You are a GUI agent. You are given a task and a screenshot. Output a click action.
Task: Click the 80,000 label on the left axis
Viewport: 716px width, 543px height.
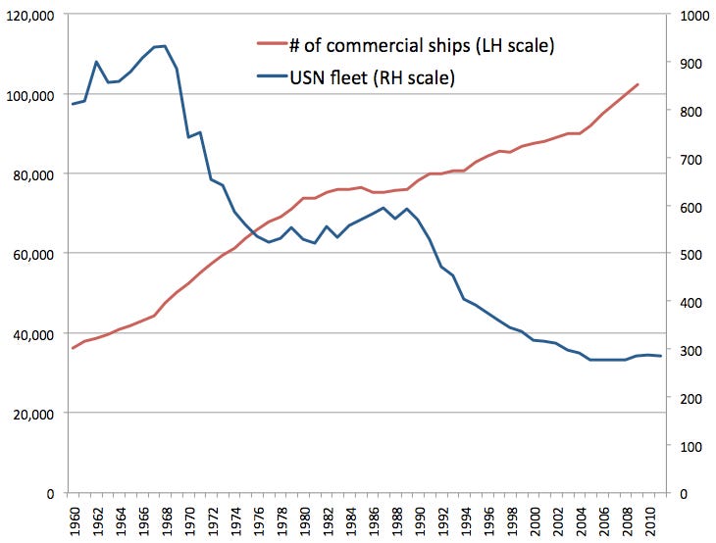[32, 174]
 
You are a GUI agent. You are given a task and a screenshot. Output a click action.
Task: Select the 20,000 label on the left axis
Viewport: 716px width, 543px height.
[32, 413]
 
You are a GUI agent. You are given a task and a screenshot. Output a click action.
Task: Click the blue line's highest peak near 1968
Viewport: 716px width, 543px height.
[164, 46]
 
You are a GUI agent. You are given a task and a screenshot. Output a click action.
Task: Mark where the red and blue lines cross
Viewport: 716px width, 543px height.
[252, 233]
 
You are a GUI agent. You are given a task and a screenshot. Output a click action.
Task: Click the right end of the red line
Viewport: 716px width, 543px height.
[638, 84]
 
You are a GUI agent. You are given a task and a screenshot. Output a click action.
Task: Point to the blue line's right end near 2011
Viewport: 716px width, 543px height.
[661, 356]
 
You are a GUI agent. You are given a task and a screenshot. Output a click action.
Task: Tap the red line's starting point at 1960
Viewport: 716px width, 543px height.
[72, 348]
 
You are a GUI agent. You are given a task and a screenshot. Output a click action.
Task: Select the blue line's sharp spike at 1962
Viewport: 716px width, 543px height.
[96, 62]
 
